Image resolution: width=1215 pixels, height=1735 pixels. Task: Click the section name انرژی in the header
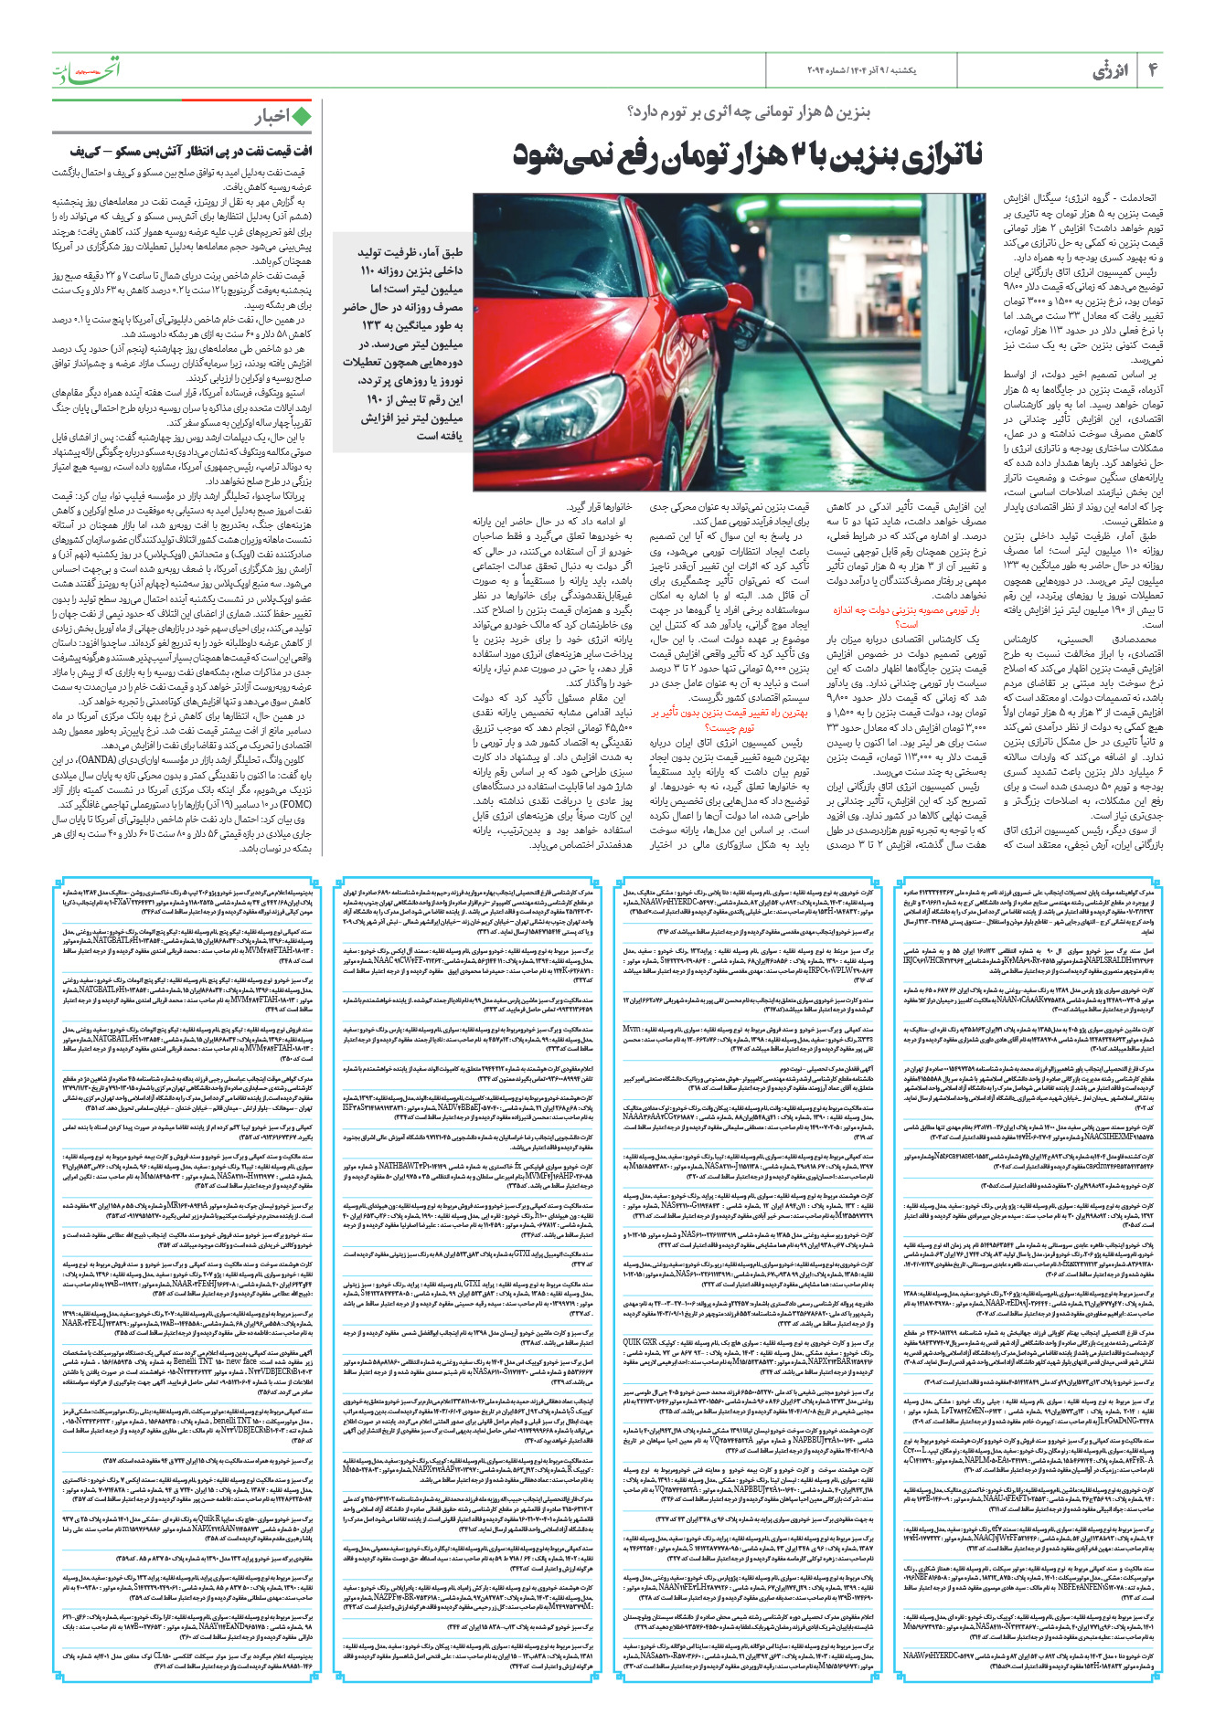click(x=1110, y=70)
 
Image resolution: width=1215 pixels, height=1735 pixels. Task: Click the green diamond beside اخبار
click(x=301, y=116)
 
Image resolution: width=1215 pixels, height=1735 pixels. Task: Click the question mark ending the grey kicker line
click(x=633, y=112)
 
